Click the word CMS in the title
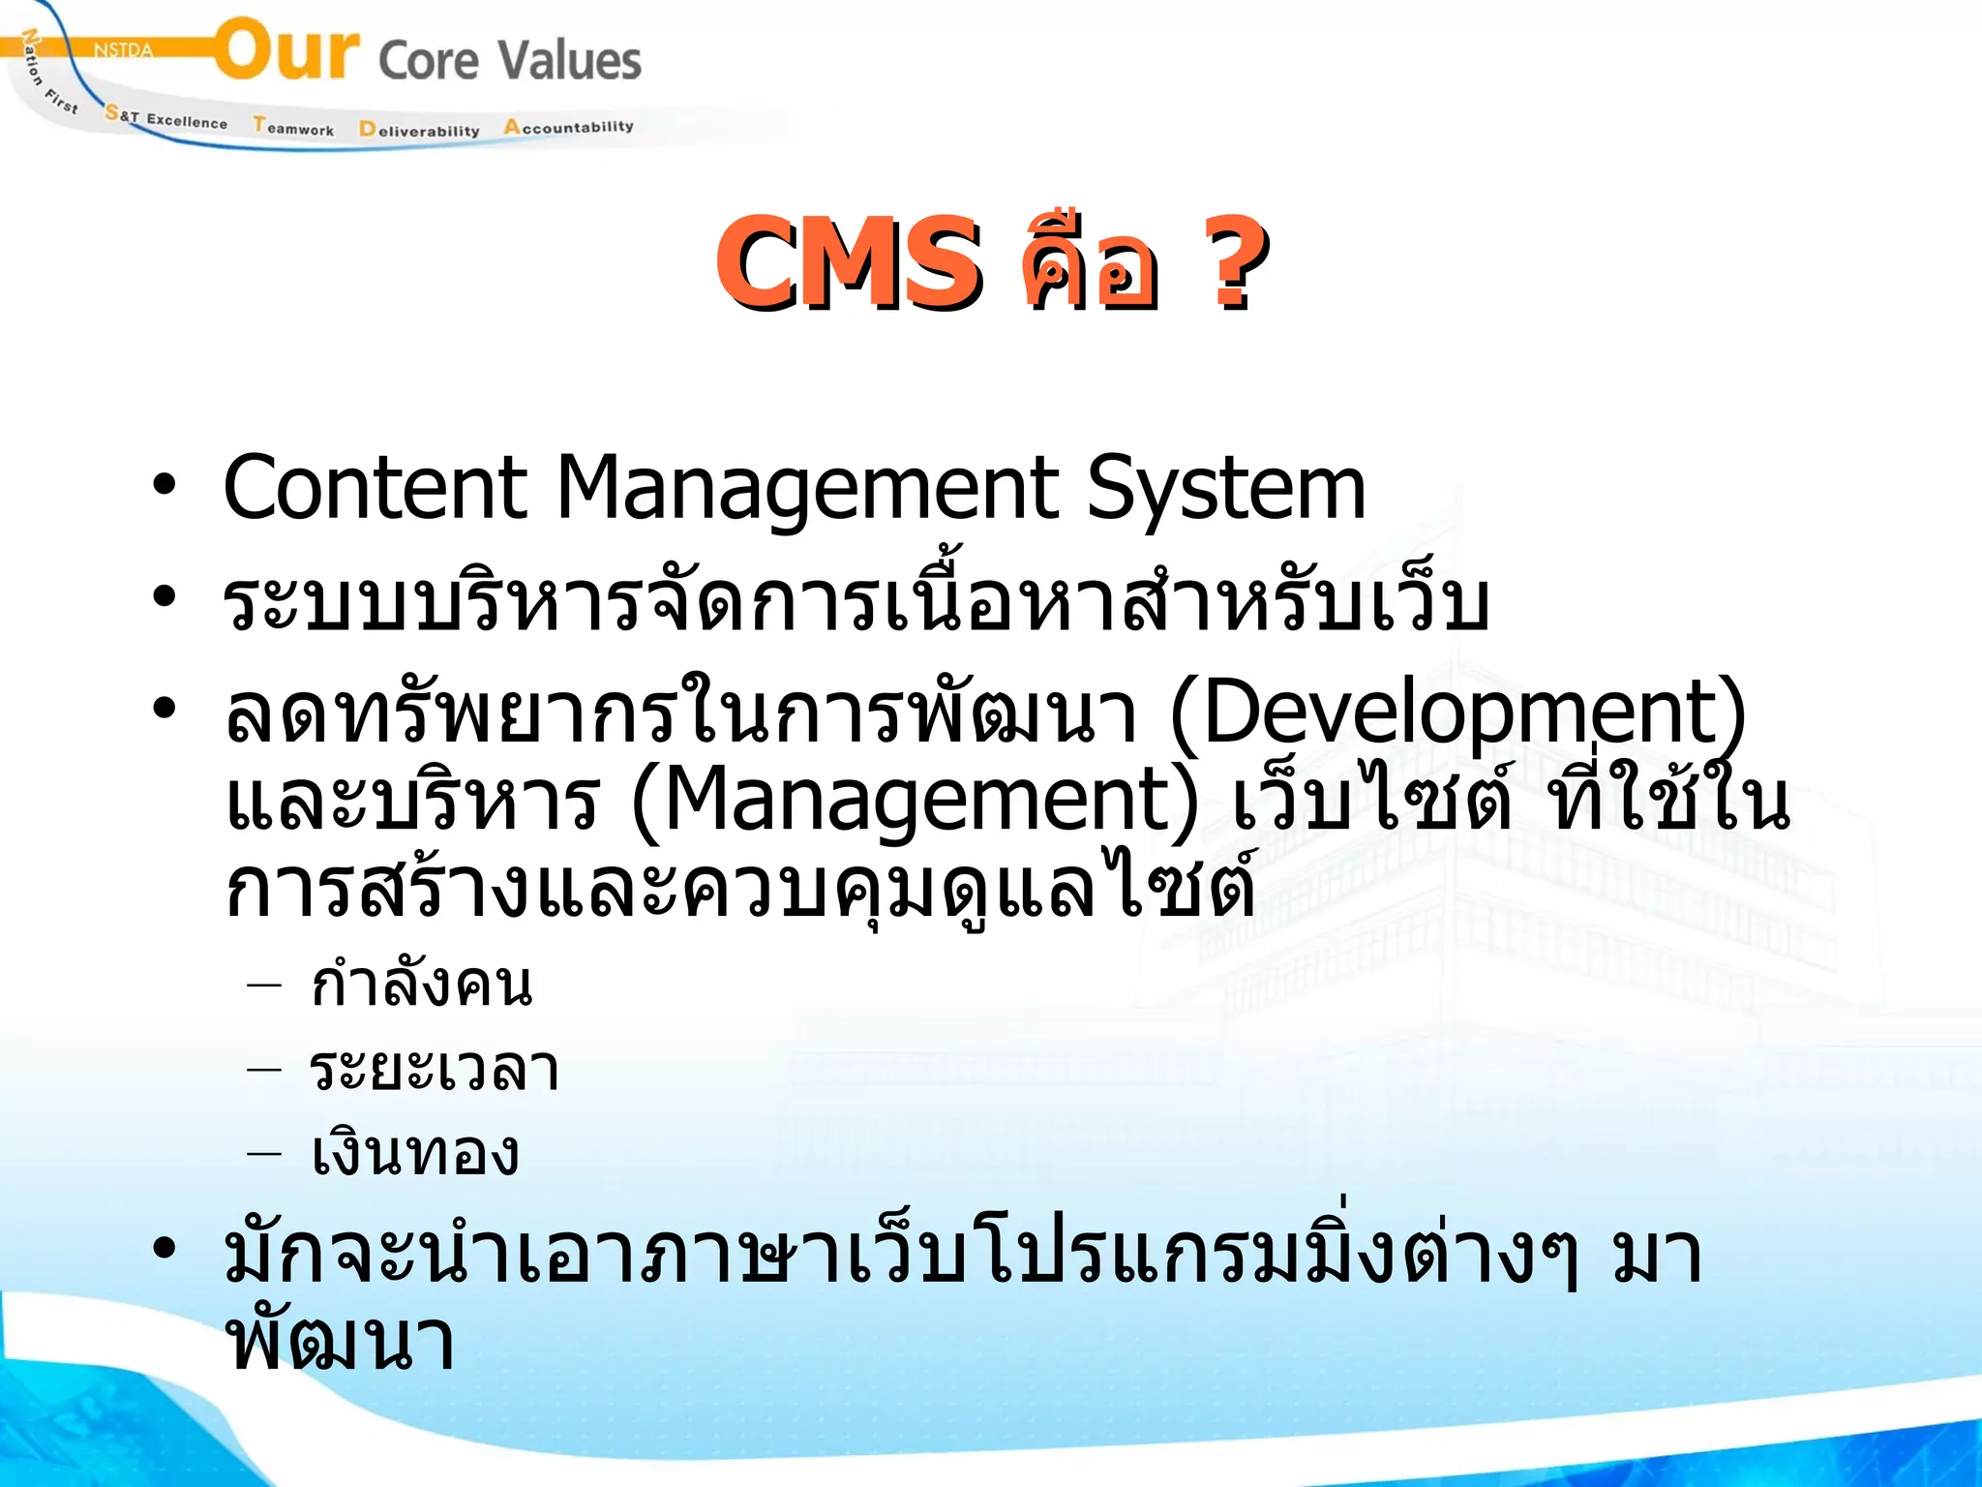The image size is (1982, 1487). point(848,263)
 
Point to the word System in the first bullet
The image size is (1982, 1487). point(1225,490)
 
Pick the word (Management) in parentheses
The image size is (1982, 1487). point(915,802)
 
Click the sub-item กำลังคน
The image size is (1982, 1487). point(421,985)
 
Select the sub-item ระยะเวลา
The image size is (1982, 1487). point(435,1070)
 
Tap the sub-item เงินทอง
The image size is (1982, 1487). point(415,1154)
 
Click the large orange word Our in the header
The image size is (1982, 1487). point(286,50)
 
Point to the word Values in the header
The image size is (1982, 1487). point(570,60)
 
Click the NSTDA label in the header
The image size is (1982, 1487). point(123,50)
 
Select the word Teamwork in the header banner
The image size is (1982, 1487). point(293,127)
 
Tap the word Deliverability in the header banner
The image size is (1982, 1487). point(419,130)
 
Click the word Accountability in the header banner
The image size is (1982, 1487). point(568,127)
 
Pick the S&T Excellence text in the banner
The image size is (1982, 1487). point(166,118)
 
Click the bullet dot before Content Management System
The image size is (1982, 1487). point(165,484)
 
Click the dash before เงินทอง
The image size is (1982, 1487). point(264,1153)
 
